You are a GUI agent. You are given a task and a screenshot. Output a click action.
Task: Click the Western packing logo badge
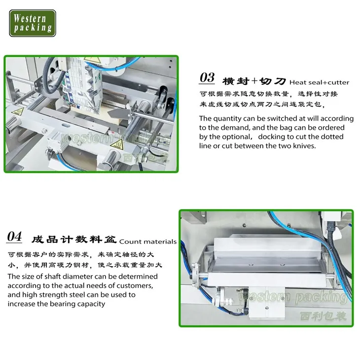click(x=33, y=23)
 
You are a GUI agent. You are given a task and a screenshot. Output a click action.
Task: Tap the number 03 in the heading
click(x=207, y=78)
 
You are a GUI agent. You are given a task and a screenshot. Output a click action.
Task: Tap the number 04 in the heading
click(x=14, y=237)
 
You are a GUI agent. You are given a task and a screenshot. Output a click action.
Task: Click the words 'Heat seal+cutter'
click(x=319, y=82)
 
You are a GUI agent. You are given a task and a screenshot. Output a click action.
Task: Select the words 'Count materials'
click(x=147, y=242)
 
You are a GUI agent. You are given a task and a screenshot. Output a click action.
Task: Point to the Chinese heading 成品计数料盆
click(x=73, y=240)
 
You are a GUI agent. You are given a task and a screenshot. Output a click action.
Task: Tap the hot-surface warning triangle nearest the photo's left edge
click(x=18, y=112)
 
